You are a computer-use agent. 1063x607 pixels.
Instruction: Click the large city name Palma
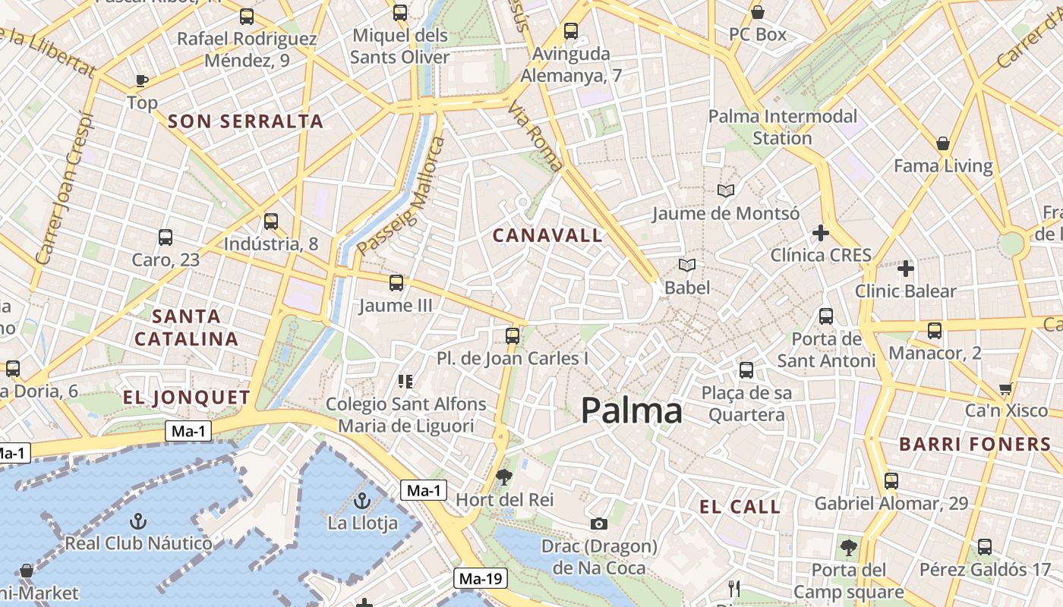click(x=632, y=411)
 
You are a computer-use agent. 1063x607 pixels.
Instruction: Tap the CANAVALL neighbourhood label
click(x=547, y=235)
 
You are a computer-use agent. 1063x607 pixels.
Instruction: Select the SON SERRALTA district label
click(x=245, y=121)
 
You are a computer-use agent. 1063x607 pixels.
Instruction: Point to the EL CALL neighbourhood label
click(x=740, y=507)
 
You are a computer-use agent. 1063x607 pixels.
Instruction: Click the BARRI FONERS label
click(x=975, y=445)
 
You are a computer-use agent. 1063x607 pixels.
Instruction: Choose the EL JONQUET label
click(x=187, y=398)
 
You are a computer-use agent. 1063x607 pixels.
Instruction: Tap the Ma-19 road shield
click(x=481, y=579)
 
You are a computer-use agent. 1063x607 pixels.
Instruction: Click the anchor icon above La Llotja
click(x=362, y=501)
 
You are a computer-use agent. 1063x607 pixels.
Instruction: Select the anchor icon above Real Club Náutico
click(x=137, y=521)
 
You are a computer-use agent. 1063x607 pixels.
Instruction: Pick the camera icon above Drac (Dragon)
click(x=598, y=524)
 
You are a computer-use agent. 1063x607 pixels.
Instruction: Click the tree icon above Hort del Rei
click(x=503, y=477)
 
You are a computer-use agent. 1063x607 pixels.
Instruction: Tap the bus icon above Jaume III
click(x=396, y=283)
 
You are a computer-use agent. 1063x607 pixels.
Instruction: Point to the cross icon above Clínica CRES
click(x=820, y=233)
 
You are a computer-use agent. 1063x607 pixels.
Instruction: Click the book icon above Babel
click(x=687, y=265)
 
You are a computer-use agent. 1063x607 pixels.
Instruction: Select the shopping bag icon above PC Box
click(x=757, y=12)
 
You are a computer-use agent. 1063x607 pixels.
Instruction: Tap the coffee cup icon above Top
click(x=141, y=80)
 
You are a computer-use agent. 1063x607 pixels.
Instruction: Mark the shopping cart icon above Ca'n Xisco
click(x=1006, y=388)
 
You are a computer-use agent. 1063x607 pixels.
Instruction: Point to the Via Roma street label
click(x=536, y=137)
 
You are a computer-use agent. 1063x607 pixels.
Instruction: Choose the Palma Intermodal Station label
click(x=782, y=127)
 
